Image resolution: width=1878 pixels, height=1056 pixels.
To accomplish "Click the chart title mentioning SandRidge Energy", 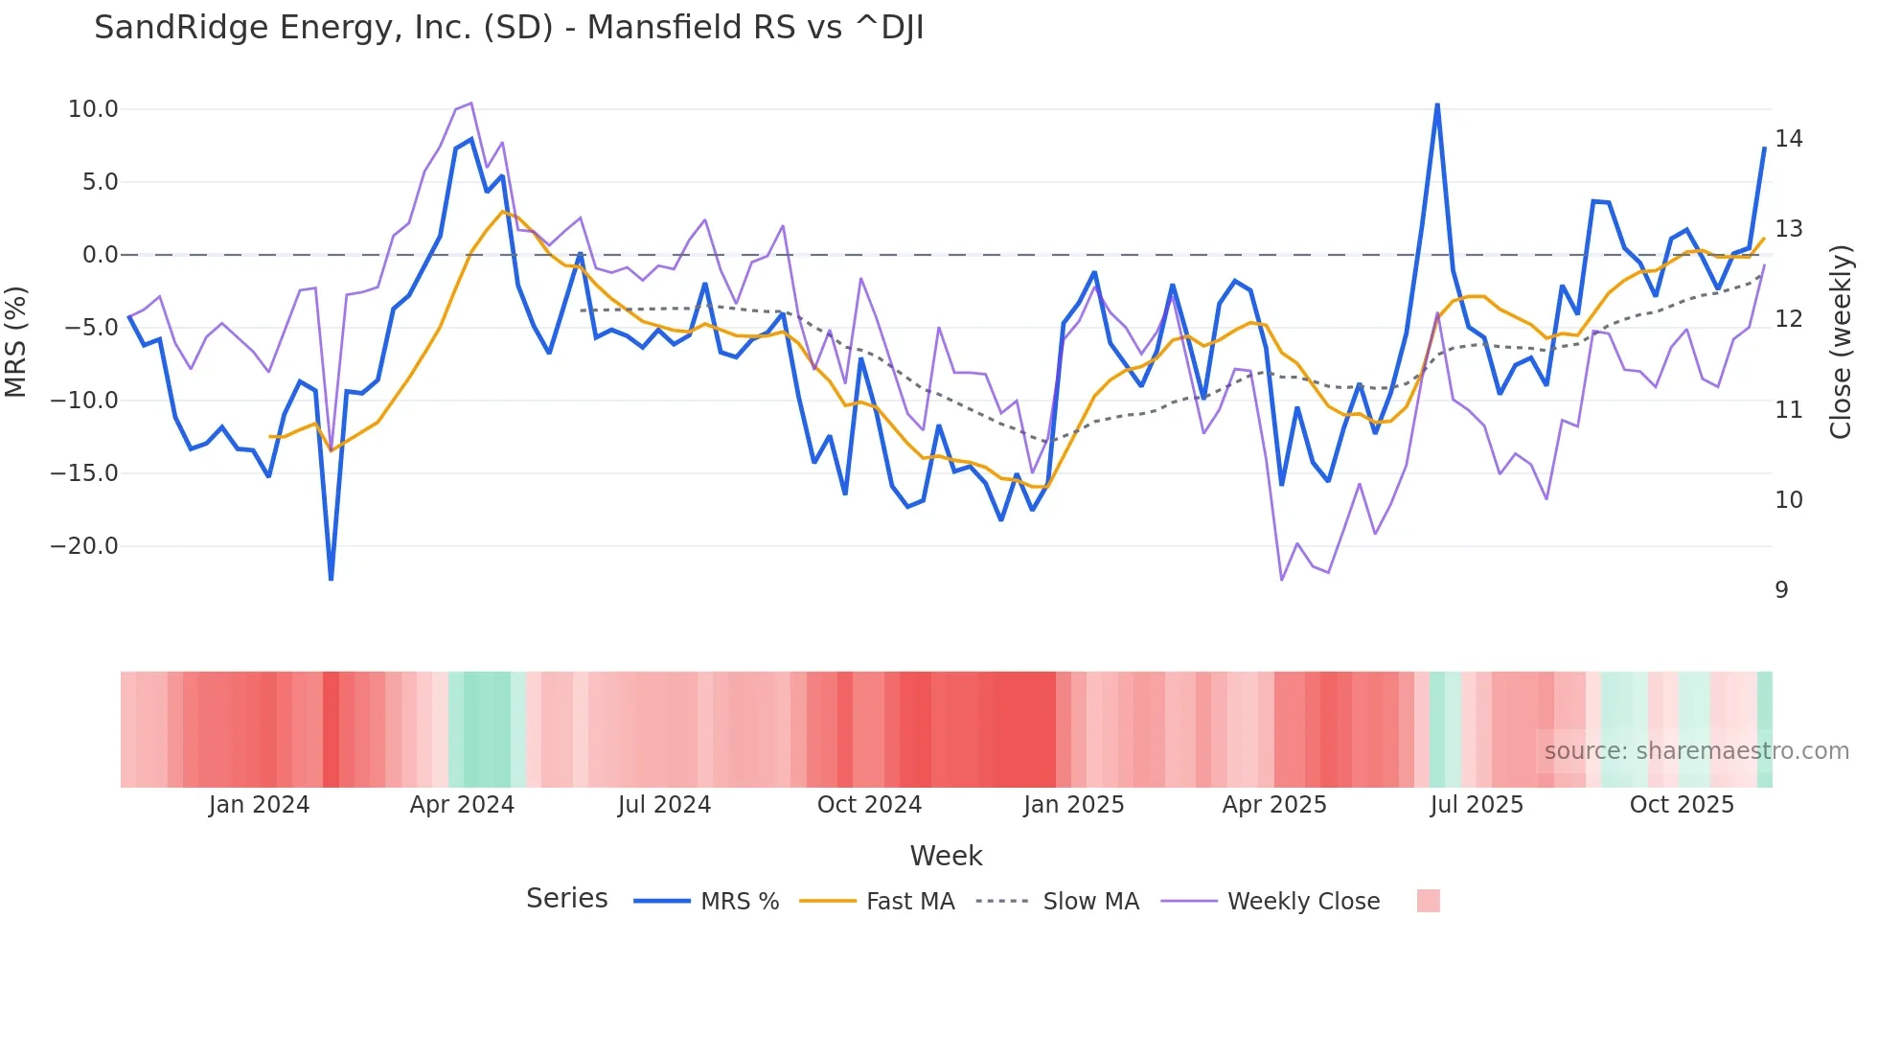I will pos(509,28).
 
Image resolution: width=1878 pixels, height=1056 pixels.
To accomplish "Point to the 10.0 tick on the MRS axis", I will pos(93,109).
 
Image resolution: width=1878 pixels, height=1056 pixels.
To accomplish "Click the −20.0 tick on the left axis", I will pos(84,546).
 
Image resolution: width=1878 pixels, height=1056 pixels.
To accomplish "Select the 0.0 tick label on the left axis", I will pos(100,255).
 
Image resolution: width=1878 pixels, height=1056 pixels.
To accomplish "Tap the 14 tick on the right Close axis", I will pos(1788,139).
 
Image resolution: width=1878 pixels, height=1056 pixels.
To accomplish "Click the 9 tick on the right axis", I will pos(1781,590).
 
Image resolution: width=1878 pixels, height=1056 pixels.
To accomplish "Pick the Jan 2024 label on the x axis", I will pos(259,805).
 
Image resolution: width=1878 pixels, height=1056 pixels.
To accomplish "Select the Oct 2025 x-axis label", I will pos(1682,805).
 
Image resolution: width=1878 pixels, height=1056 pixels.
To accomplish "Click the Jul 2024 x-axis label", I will pos(664,805).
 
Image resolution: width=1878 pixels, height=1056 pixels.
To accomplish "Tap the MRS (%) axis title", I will pos(16,342).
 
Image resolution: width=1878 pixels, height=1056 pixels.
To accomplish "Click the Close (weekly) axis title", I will pos(1840,342).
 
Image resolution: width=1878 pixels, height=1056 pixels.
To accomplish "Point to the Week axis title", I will pos(946,856).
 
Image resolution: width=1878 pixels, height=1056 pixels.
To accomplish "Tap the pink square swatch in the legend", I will pos(1428,901).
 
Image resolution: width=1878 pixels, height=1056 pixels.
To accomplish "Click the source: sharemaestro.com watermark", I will pos(1696,751).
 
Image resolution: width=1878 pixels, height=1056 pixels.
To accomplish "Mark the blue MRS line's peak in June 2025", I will pos(1437,104).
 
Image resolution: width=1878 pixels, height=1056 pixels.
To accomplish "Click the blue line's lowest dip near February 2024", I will pos(332,579).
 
